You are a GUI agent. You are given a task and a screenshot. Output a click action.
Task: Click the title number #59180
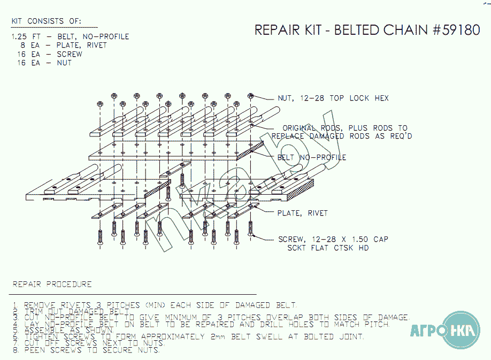point(455,30)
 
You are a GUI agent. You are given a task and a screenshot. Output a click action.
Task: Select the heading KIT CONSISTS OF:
point(47,21)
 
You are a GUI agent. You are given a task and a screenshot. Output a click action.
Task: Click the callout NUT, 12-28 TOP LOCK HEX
point(333,98)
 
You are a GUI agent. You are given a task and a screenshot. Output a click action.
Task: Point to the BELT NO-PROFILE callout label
point(311,157)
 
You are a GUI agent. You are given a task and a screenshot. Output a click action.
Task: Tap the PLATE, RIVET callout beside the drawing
point(302,213)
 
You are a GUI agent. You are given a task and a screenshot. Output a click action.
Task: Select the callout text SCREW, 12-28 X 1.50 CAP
point(333,239)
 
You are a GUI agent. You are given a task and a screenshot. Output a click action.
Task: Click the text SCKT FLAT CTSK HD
point(328,248)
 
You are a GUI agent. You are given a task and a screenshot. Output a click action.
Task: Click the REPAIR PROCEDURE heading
point(52,284)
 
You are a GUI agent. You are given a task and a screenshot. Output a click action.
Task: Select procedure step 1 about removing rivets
point(155,305)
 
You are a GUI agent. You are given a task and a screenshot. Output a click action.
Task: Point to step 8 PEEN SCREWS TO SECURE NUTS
point(91,350)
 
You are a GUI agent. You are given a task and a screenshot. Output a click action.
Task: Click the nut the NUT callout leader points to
point(250,96)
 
